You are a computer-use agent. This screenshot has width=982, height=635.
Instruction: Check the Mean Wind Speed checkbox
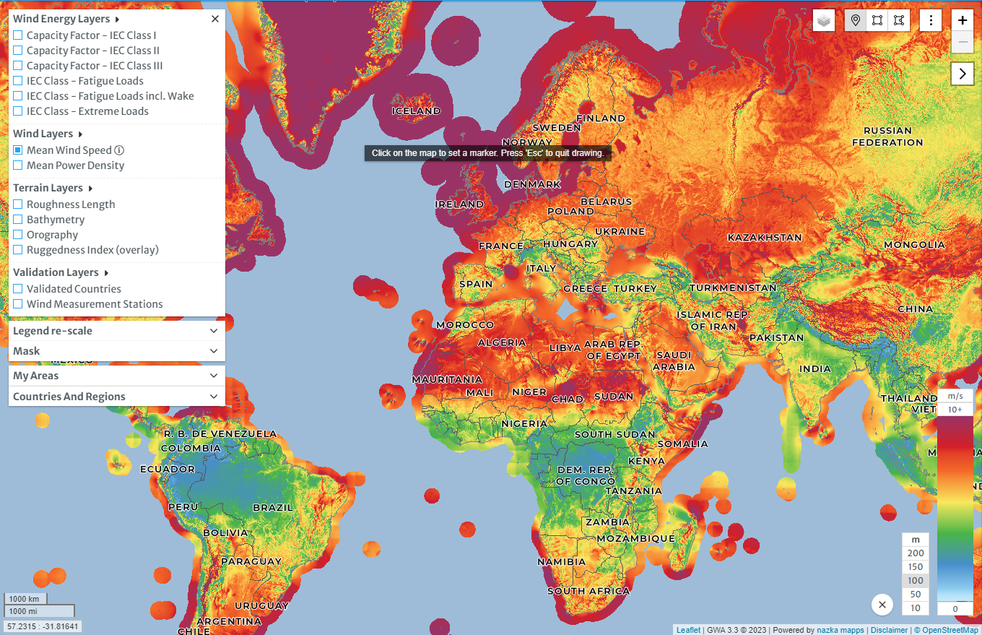18,150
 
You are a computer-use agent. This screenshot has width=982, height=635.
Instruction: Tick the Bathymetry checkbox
18,220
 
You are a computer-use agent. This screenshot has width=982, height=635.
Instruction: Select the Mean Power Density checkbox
18,165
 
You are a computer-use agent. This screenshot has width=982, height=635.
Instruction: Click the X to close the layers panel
214,20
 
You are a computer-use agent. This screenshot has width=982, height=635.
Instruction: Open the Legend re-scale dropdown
116,331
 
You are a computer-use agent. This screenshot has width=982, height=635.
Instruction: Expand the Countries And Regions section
116,397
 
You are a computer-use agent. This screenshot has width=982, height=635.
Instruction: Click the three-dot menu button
931,20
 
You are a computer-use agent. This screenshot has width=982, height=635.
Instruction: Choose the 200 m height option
916,553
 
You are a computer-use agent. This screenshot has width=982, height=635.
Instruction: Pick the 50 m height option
916,595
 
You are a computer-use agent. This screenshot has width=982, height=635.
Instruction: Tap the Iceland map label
416,111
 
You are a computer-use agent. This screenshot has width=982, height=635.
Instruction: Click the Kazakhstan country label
765,238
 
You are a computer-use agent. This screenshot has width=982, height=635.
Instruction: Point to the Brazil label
273,508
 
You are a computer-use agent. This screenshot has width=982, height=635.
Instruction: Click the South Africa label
588,591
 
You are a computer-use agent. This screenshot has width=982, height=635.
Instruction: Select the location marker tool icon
856,20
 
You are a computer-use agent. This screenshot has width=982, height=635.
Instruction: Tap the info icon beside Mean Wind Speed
119,150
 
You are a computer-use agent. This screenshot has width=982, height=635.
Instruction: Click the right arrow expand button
963,73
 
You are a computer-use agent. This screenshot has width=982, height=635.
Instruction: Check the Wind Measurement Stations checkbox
18,304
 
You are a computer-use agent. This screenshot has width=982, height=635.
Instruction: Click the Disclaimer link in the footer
889,630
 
